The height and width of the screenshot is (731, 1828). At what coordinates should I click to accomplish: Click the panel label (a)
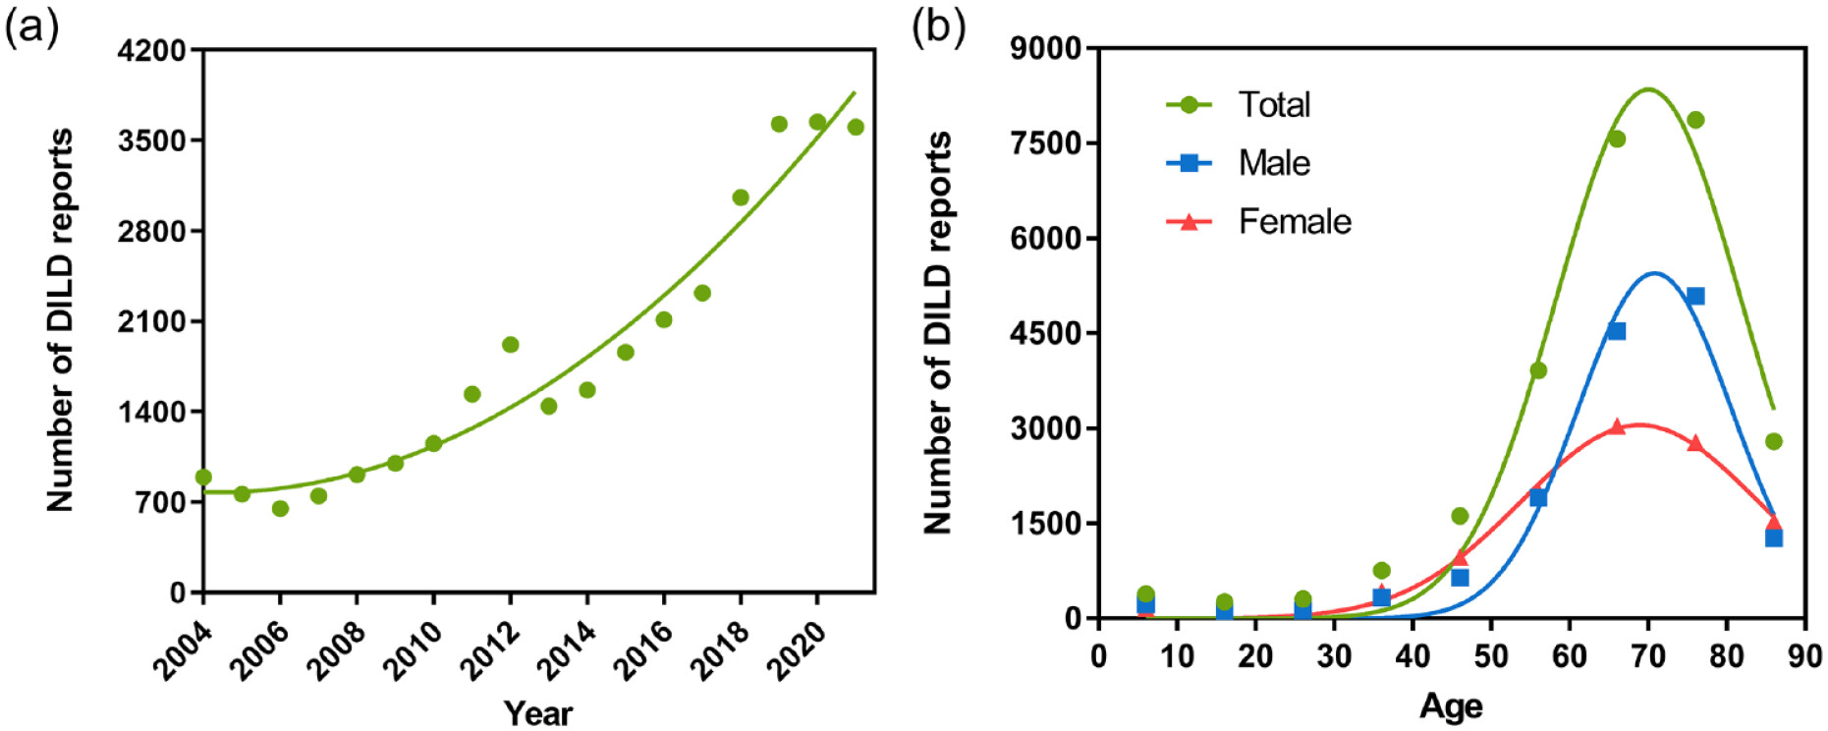click(31, 28)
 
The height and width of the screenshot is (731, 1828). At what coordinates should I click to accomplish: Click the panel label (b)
click(938, 28)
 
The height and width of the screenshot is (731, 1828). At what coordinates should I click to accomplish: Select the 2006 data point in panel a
click(280, 508)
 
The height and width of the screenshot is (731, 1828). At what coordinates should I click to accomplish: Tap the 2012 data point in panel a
click(511, 345)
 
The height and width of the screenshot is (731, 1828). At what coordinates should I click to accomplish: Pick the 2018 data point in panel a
click(741, 197)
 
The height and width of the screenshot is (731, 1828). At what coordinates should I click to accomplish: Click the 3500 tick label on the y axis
click(151, 141)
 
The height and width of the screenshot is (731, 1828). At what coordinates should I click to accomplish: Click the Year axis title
click(537, 713)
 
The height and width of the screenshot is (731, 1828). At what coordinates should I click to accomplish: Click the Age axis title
click(1451, 706)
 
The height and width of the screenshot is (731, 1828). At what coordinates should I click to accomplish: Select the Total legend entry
click(1273, 105)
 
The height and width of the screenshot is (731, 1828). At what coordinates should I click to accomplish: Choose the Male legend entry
click(1273, 163)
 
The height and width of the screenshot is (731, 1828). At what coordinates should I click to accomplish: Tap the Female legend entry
click(1294, 222)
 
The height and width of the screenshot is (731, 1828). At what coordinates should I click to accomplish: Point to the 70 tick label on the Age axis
click(1648, 655)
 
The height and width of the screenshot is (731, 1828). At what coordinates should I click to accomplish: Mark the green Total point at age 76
click(1695, 120)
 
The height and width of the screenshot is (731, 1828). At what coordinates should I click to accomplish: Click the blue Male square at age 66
click(1617, 331)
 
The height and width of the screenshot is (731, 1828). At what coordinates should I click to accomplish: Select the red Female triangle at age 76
click(1695, 443)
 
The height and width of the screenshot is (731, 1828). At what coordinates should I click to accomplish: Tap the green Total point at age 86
click(1774, 441)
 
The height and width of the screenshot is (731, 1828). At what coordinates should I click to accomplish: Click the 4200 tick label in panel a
click(151, 50)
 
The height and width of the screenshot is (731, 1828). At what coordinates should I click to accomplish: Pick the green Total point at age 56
click(1538, 370)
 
